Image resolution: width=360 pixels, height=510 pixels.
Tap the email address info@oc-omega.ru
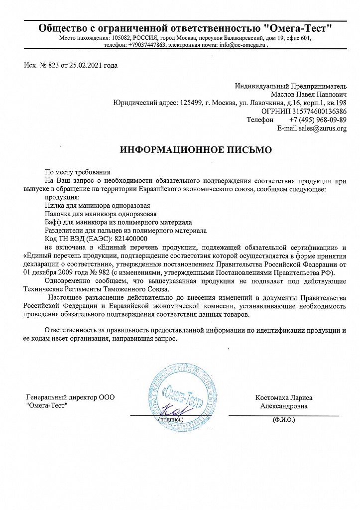241,45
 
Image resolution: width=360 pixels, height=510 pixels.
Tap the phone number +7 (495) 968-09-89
318,120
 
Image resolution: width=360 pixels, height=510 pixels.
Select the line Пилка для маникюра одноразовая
98,205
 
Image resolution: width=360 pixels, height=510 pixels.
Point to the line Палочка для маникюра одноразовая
101,214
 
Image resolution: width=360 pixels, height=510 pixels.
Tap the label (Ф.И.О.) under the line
284,420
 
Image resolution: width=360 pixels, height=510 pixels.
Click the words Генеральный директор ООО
70,397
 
